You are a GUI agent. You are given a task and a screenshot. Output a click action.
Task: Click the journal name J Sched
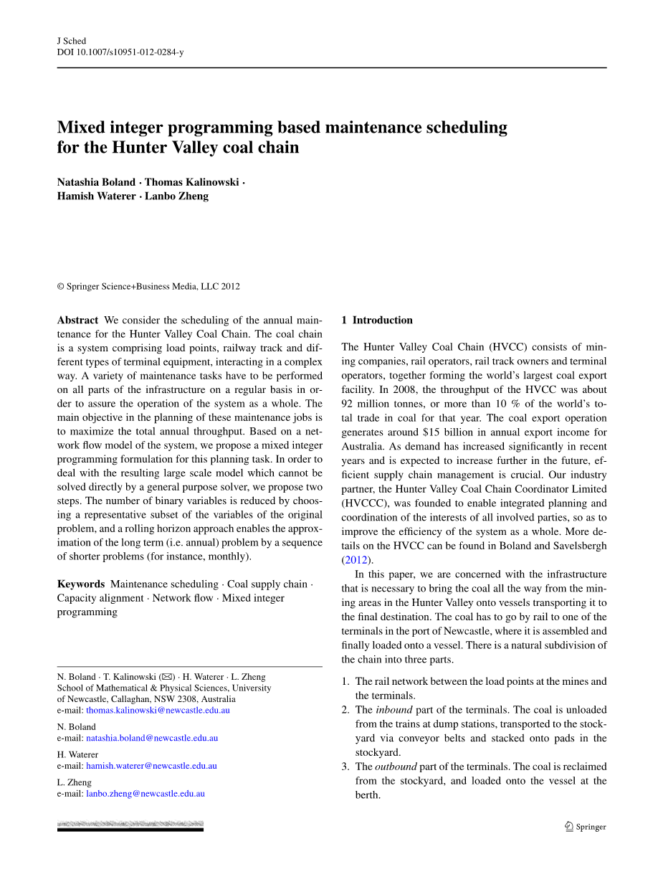coord(72,42)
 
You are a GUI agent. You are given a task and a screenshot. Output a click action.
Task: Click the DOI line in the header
coord(120,52)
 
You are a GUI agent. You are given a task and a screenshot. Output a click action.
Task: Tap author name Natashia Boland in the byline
coord(96,182)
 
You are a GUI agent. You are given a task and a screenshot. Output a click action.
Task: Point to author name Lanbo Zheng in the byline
coord(177,196)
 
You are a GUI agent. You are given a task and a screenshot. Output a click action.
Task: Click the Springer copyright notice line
coord(148,286)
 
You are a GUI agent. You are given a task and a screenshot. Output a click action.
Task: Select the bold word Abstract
coord(77,321)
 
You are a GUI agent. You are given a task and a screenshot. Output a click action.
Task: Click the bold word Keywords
coord(81,584)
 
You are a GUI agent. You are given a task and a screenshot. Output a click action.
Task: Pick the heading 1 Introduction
coord(377,321)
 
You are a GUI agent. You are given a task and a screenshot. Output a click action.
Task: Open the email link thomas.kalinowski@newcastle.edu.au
coord(158,710)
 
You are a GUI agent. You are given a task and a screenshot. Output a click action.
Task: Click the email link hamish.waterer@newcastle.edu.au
coord(151,766)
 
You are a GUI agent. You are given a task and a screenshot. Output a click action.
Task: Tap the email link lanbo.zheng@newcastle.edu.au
coord(146,794)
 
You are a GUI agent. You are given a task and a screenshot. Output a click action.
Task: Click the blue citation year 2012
coord(357,560)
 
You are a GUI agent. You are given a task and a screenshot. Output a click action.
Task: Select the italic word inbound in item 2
coord(394,710)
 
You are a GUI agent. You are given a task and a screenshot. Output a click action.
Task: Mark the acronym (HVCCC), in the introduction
coord(366,503)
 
